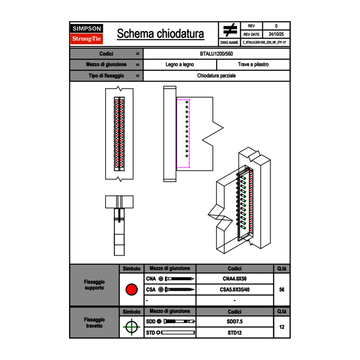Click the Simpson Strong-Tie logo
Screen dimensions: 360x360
tap(87, 34)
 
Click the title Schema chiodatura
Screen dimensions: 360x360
tap(160, 34)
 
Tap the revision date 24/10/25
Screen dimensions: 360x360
tap(276, 34)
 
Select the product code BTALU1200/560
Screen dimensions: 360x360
tap(216, 54)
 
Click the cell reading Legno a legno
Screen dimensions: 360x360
tap(180, 65)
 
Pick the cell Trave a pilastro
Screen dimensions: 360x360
tap(253, 65)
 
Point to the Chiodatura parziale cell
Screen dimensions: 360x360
tap(216, 76)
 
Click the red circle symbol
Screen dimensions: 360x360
tap(131, 290)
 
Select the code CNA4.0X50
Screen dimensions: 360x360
tap(234, 279)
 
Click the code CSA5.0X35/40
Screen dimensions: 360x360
tap(234, 290)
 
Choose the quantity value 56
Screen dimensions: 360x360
tap(281, 290)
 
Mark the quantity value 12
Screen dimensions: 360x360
tap(281, 327)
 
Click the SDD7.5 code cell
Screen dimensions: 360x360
tap(234, 322)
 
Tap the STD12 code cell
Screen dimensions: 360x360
tap(234, 333)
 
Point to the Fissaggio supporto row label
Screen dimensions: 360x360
tap(94, 285)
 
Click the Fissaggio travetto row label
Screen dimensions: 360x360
tap(94, 322)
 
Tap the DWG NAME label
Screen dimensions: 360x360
tap(229, 42)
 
